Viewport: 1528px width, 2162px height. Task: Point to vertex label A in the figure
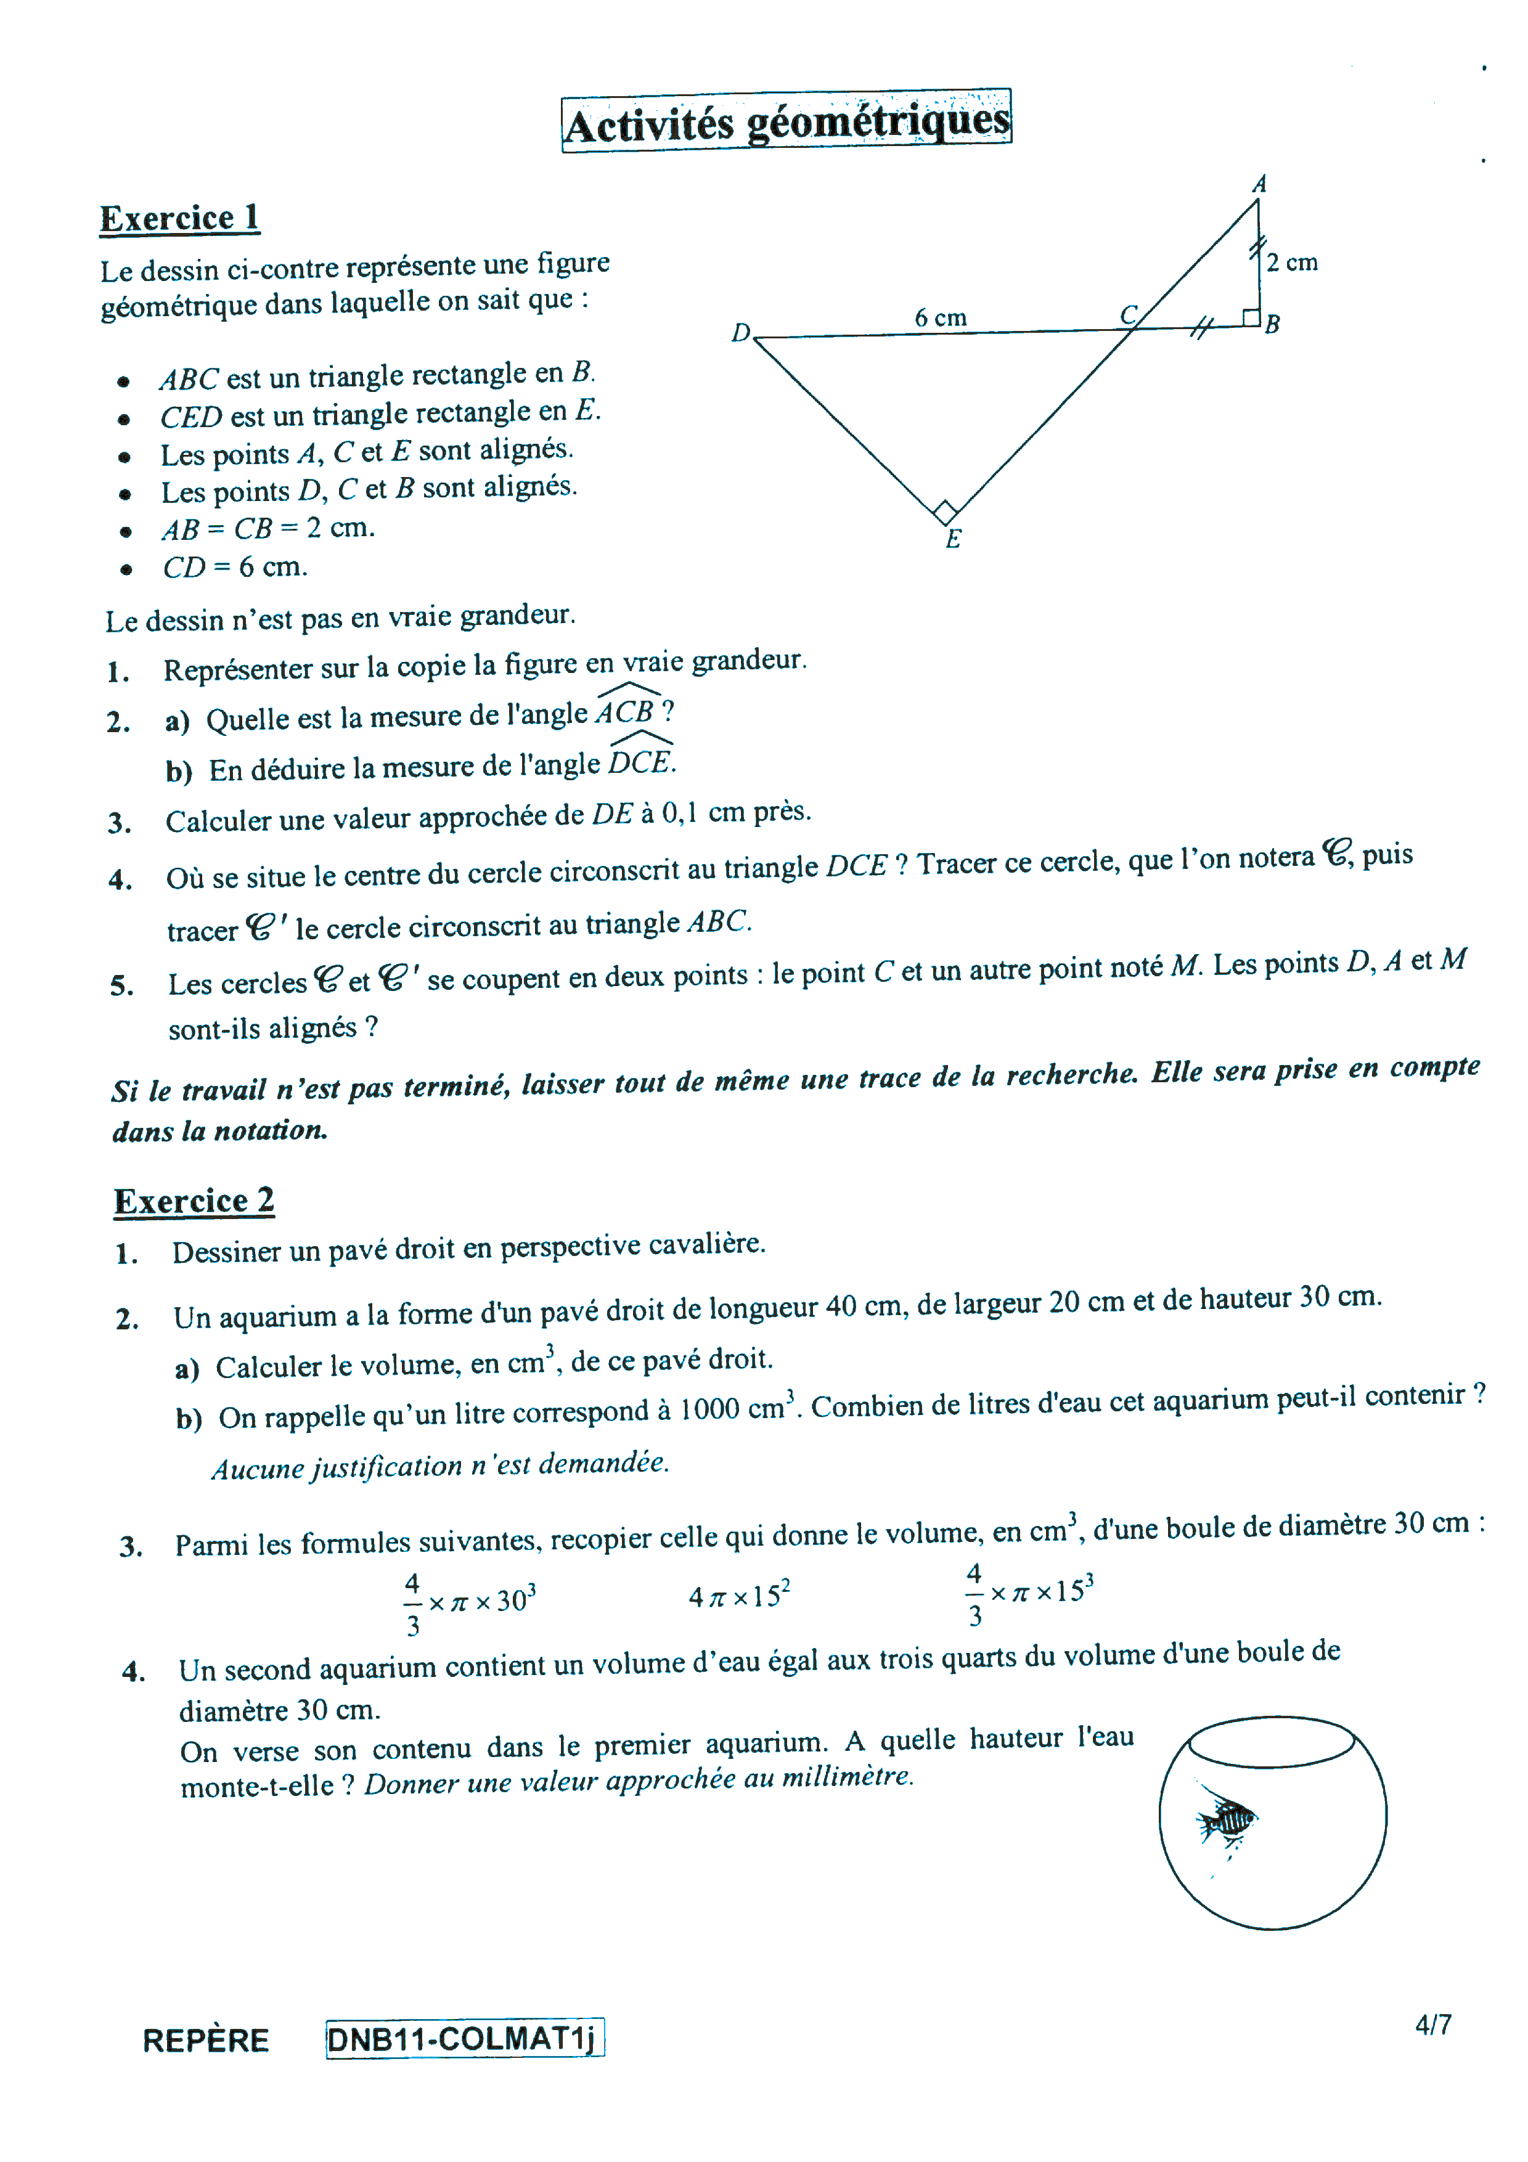tap(1259, 184)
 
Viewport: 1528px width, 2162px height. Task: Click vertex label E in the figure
tap(953, 539)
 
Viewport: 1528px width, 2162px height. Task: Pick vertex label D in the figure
tap(741, 332)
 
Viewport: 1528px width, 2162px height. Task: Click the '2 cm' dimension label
tap(1292, 263)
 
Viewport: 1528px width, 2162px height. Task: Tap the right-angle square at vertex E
tap(946, 512)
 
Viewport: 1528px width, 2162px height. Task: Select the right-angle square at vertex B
tap(1250, 317)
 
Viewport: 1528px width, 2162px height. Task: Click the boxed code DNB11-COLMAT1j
tap(464, 2039)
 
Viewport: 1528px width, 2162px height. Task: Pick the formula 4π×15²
tap(739, 1596)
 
